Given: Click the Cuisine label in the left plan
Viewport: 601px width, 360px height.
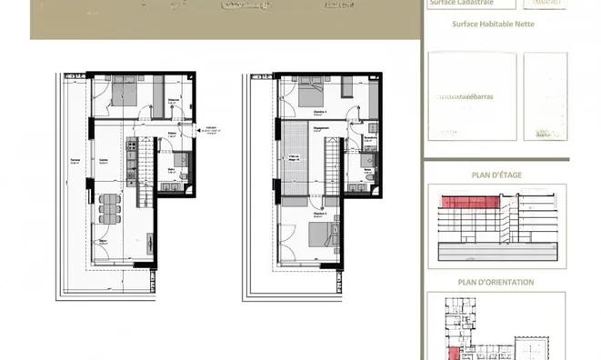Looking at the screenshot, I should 104,161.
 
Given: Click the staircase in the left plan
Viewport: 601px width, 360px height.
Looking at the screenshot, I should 140,173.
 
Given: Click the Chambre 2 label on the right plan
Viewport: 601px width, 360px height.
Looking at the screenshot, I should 293,215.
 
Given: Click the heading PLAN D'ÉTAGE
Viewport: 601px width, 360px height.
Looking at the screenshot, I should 496,175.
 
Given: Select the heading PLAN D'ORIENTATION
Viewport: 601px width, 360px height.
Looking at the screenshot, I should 496,282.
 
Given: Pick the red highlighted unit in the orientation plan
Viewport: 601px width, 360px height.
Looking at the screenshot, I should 452,354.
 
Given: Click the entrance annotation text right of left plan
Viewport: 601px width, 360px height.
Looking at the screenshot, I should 211,130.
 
